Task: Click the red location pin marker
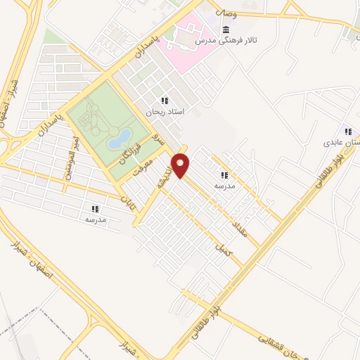pos(181,165)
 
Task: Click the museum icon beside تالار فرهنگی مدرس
pos(225,30)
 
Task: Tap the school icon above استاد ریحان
pos(165,101)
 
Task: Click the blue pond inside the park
pos(119,138)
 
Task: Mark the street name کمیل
pos(221,249)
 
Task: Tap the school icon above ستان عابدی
pos(347,131)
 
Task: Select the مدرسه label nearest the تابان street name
pos(95,219)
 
